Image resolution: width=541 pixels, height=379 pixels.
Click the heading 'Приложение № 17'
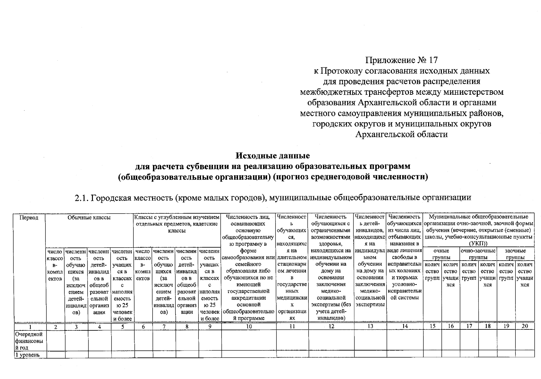[401, 60]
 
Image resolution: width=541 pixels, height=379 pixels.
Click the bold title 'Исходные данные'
[273, 156]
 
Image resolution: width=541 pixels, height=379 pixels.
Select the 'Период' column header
[29, 218]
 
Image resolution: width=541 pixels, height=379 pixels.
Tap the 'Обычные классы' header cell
[89, 218]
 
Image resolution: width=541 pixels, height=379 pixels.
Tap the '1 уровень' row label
[27, 355]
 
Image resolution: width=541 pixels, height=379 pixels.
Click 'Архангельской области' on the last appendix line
[401, 135]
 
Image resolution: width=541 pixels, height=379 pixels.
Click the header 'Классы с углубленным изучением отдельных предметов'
[177, 224]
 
